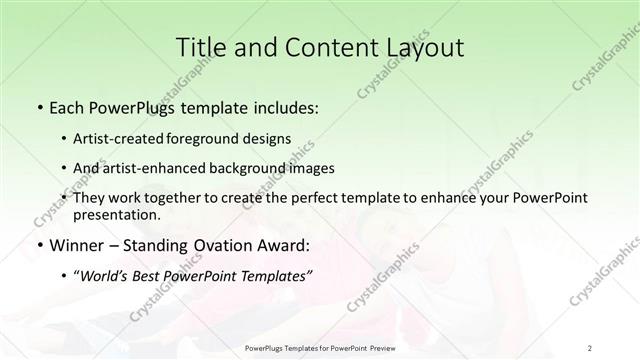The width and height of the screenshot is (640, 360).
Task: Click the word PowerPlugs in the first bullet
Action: [x=131, y=105]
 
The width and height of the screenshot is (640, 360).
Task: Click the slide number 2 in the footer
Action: [x=590, y=347]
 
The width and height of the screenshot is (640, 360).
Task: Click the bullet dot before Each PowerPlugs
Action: [x=39, y=106]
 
